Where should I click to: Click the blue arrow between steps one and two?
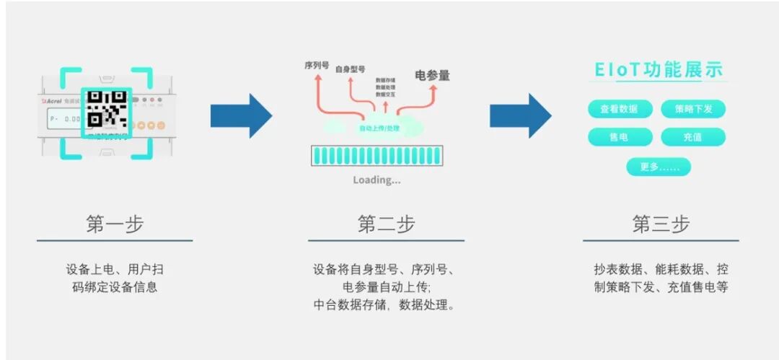click(241, 115)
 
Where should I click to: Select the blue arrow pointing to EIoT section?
click(520, 115)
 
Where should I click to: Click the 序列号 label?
click(317, 65)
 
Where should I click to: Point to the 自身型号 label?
click(351, 69)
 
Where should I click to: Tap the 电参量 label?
click(432, 75)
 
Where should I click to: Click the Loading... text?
click(377, 180)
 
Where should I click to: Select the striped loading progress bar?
click(376, 155)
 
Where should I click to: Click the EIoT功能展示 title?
click(659, 70)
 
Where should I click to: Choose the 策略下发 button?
click(692, 109)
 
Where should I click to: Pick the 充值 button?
click(692, 137)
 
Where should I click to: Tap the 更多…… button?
click(658, 167)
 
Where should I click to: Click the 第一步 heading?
click(115, 224)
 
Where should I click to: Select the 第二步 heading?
click(386, 224)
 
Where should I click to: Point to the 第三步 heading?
click(661, 224)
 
